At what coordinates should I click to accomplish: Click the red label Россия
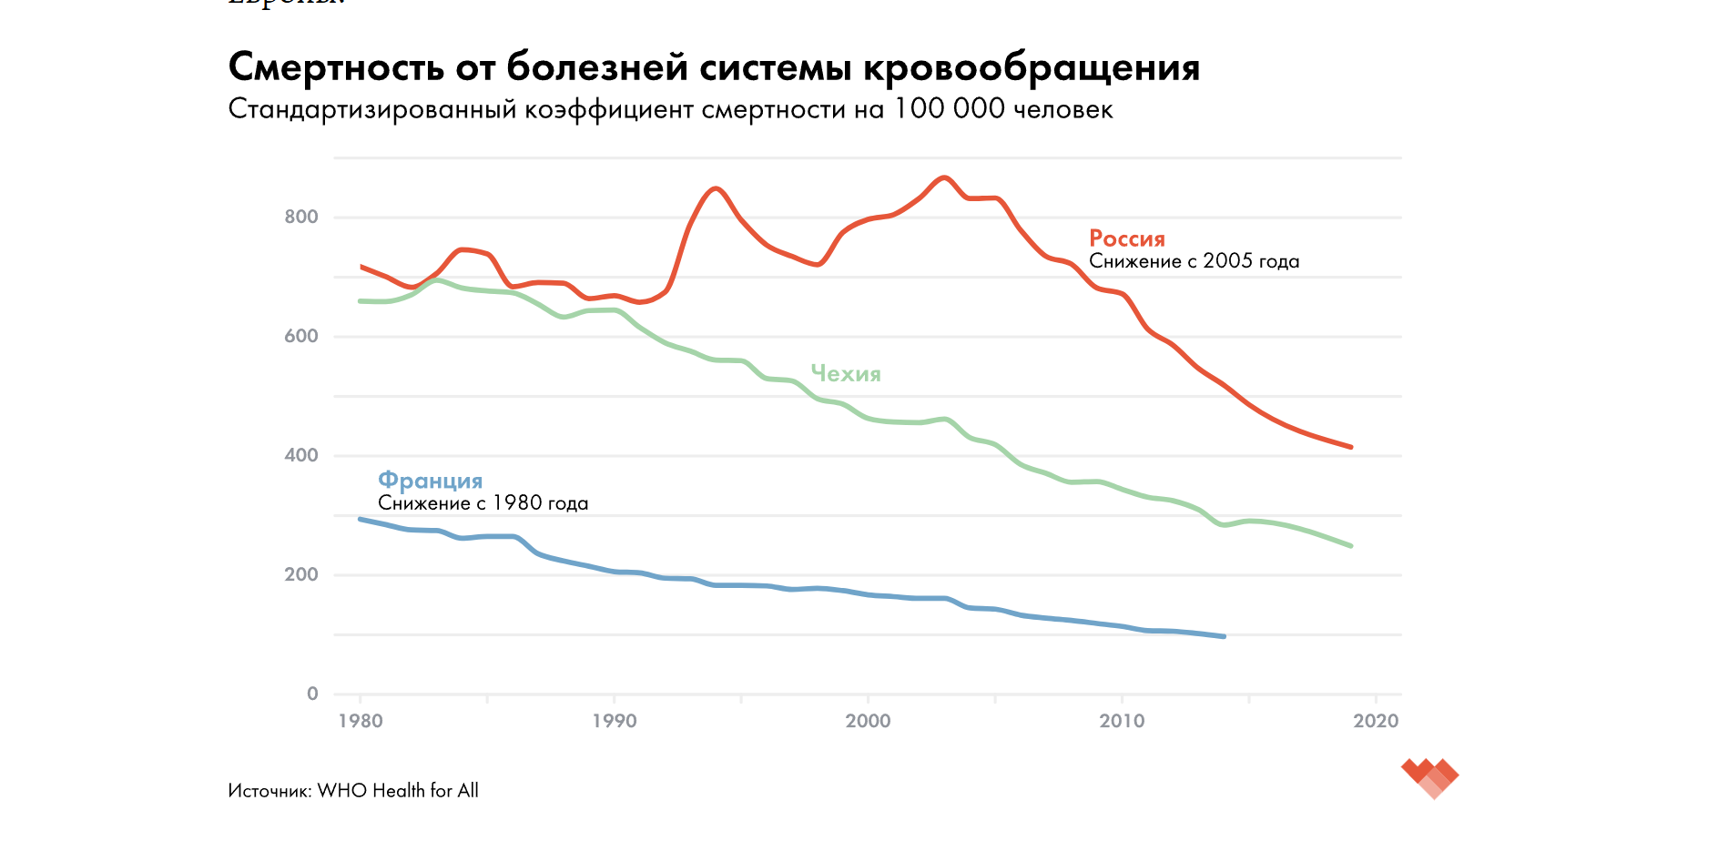[x=1127, y=238]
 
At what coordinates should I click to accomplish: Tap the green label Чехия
[x=846, y=373]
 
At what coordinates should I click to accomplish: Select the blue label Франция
[x=430, y=481]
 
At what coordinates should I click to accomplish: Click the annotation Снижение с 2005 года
[x=1194, y=261]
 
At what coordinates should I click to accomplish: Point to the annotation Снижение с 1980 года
[x=483, y=503]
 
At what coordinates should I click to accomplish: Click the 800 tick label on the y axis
[x=301, y=217]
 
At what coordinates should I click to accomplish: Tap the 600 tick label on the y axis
[x=301, y=336]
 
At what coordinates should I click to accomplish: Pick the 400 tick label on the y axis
[x=301, y=455]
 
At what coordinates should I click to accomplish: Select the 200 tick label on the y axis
[x=301, y=574]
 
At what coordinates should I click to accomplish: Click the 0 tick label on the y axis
[x=312, y=694]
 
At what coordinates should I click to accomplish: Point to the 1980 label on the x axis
[x=361, y=721]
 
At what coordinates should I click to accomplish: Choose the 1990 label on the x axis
[x=615, y=721]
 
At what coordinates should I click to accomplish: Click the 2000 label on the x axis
[x=868, y=721]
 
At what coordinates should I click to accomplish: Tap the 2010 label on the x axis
[x=1122, y=721]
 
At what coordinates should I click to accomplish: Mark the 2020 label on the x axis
[x=1376, y=721]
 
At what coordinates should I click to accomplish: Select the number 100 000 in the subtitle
[x=950, y=109]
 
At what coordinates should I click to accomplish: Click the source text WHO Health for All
[x=398, y=791]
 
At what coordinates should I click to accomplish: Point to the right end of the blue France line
[x=1224, y=636]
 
